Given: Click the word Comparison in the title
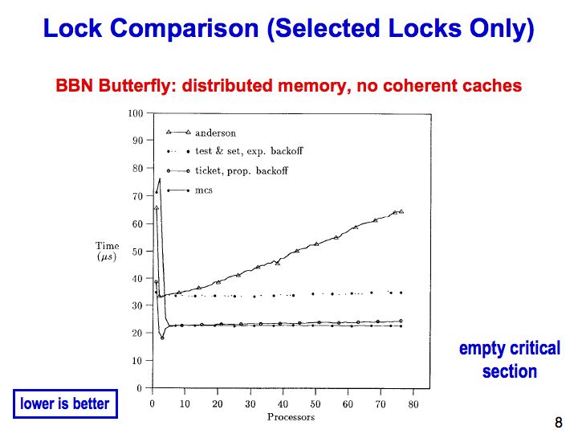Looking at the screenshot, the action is (x=185, y=29).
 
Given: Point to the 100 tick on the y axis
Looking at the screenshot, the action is (x=136, y=113).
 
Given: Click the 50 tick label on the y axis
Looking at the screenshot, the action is (x=137, y=252).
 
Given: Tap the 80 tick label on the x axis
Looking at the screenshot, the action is (x=413, y=404).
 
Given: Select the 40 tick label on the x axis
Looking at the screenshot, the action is (x=283, y=404).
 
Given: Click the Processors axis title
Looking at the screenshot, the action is (x=291, y=417).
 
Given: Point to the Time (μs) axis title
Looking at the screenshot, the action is (x=107, y=251).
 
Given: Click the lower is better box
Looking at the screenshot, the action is (x=65, y=403).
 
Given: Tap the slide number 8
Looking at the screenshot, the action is (x=559, y=422).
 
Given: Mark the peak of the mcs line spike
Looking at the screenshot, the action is (x=160, y=178).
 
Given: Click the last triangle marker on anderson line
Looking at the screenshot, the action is (x=401, y=211).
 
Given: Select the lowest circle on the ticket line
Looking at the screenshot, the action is (x=162, y=338).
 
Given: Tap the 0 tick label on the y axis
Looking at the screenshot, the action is (x=140, y=388).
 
